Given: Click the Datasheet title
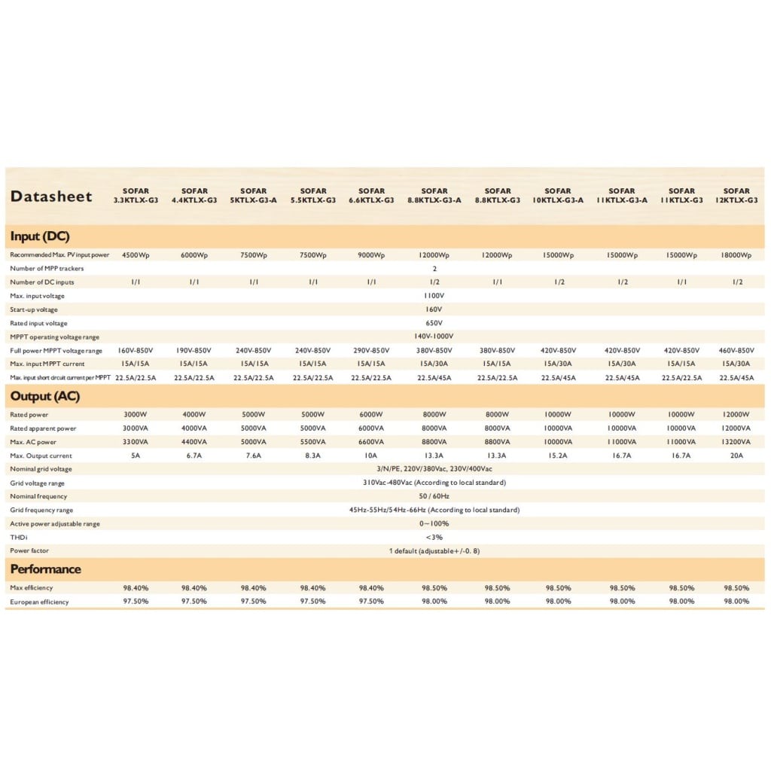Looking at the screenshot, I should tap(51, 197).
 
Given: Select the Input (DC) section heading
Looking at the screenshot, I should tap(40, 236).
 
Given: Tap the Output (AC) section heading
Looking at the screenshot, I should tap(45, 396).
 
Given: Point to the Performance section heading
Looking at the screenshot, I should tap(46, 569).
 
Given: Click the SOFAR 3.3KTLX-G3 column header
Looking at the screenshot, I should tap(136, 196).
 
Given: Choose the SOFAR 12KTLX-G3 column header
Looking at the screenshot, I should tap(736, 196).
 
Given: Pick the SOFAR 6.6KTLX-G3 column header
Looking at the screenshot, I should tap(372, 196).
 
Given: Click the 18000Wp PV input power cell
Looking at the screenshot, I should tap(736, 255).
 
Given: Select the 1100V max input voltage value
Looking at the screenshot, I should tap(434, 296).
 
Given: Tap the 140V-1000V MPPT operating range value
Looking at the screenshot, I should tap(434, 337).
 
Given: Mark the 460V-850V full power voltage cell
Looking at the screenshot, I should tap(736, 351).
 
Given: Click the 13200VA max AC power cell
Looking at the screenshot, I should tap(736, 442).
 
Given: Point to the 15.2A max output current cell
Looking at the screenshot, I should tap(558, 456).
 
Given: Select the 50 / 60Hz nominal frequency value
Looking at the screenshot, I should tap(434, 496).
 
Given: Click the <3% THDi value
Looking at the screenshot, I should tap(434, 537).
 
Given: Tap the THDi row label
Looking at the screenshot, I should tap(18, 537).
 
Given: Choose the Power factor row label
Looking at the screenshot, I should tap(29, 550).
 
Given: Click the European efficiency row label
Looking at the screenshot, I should tap(39, 602).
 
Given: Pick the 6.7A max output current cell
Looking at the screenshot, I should tap(194, 456).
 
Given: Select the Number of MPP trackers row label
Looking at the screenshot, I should tap(47, 269).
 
